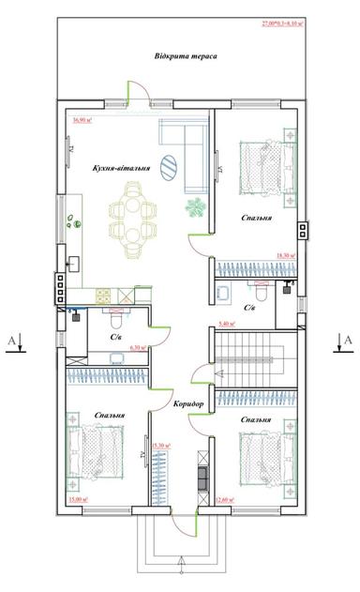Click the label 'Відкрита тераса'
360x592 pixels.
(186, 56)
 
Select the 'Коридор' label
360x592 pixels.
(188, 403)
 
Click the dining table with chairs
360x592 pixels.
(132, 212)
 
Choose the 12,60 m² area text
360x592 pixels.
(226, 500)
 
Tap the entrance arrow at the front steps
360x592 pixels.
(180, 563)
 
